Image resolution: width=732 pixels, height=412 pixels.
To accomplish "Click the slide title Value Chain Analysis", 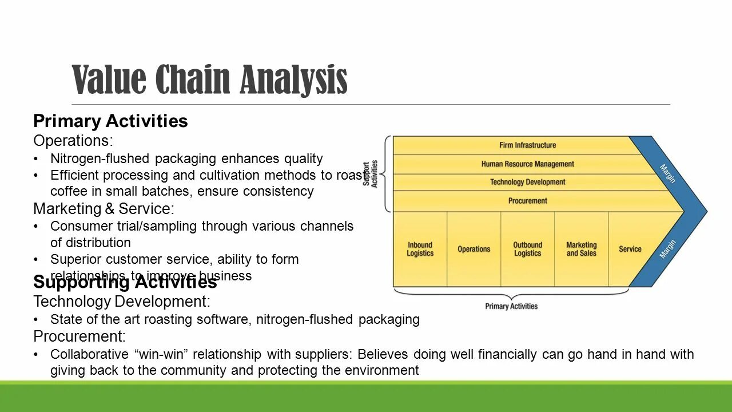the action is click(210, 80).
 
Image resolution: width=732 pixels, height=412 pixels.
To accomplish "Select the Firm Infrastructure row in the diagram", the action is click(527, 145).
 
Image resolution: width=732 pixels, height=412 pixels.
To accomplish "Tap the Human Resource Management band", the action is click(527, 164).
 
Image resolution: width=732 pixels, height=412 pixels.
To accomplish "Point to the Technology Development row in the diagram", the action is click(527, 183).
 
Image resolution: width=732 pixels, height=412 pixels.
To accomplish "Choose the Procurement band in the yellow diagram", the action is click(527, 201).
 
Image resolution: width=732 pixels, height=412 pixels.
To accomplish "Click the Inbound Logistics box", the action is click(420, 249).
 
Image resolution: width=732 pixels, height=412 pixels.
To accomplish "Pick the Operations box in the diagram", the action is click(474, 249).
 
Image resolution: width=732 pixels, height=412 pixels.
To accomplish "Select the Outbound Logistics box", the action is click(527, 249).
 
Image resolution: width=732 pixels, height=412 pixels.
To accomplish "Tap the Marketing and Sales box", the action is click(581, 249).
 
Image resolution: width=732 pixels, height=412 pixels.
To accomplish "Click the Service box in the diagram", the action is click(630, 249).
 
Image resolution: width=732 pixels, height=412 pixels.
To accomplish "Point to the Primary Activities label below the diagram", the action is click(511, 306).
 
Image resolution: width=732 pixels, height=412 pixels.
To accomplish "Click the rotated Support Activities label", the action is click(371, 173).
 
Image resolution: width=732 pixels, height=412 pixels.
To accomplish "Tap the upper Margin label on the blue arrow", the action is click(667, 173).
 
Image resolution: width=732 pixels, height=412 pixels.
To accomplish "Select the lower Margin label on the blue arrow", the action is click(667, 249).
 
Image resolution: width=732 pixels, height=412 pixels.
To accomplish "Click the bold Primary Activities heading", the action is click(110, 121).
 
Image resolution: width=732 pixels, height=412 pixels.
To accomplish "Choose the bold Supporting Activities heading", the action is click(125, 282).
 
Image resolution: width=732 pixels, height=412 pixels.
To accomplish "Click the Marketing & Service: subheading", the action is click(104, 209).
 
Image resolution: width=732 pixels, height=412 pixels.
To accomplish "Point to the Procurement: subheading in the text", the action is click(79, 336).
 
